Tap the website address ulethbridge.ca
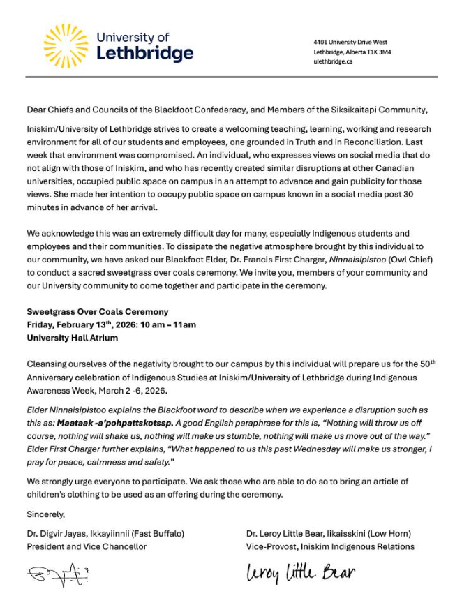(x=333, y=61)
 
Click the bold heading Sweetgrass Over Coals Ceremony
(x=97, y=311)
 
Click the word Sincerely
(x=45, y=515)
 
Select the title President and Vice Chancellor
(x=87, y=546)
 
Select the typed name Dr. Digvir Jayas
(x=57, y=533)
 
